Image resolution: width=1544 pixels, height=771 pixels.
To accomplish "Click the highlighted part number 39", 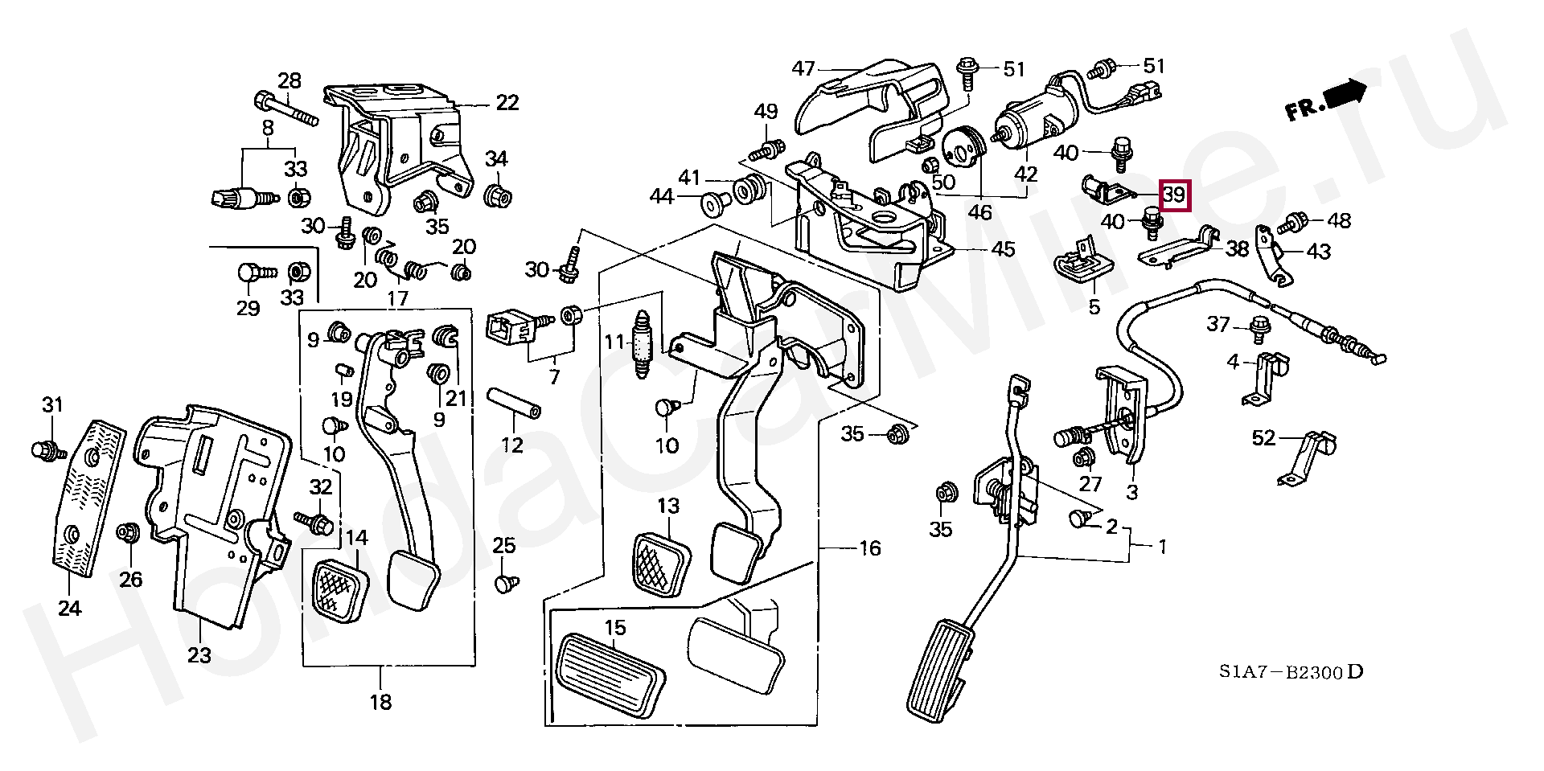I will (x=1174, y=194).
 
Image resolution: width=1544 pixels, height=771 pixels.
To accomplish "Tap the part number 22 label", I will (x=507, y=103).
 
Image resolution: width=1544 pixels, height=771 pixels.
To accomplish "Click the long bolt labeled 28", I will (x=285, y=111).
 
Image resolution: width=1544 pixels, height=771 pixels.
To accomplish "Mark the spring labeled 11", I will (x=642, y=346).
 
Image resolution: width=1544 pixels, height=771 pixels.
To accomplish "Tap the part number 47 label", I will (x=803, y=68).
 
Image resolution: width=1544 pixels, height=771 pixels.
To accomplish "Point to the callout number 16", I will (x=869, y=548).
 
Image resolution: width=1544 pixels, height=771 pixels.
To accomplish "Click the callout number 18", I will (x=380, y=702).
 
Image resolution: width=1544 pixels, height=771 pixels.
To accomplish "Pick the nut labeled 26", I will (x=128, y=532).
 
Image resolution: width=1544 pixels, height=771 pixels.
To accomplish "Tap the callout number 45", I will (x=1003, y=249).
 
